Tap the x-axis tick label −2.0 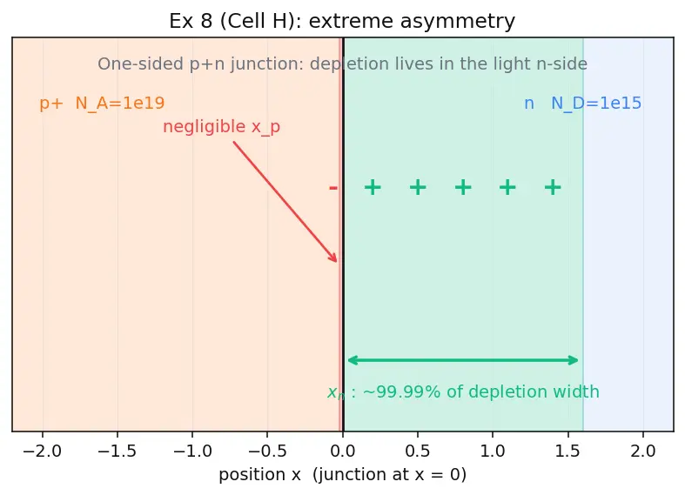click(x=43, y=452)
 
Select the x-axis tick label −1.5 click(x=118, y=452)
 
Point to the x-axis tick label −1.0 click(x=192, y=452)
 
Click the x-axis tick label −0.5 click(x=267, y=452)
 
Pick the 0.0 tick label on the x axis click(x=343, y=452)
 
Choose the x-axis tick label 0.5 click(x=418, y=452)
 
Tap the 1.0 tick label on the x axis click(x=493, y=452)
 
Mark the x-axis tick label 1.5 click(x=567, y=452)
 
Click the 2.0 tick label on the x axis click(x=643, y=452)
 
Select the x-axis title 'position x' click(x=259, y=475)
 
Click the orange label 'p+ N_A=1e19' click(x=102, y=104)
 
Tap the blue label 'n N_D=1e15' click(x=583, y=104)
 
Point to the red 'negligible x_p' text click(x=221, y=127)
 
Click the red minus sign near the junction click(x=333, y=188)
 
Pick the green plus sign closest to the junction click(x=373, y=187)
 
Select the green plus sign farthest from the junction click(x=553, y=187)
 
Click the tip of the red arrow click(x=337, y=262)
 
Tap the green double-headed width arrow click(x=463, y=360)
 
